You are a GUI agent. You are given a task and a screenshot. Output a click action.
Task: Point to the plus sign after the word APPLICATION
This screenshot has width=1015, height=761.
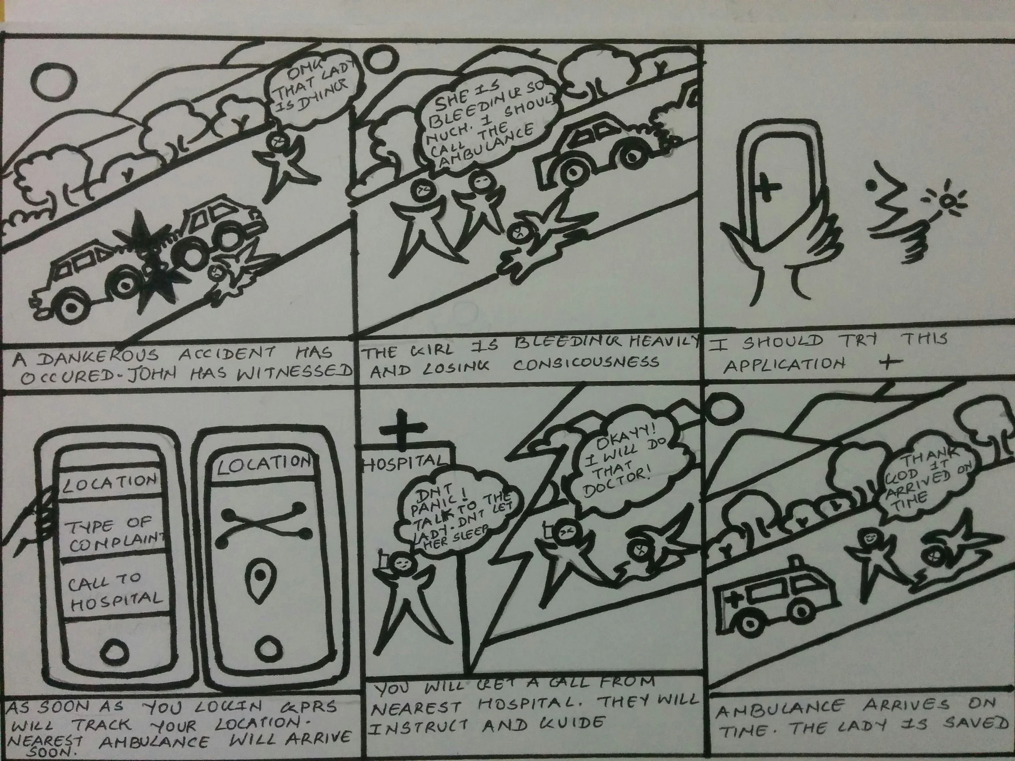pyautogui.click(x=889, y=362)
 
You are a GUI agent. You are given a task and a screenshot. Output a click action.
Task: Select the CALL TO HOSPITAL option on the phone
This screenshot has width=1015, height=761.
pyautogui.click(x=115, y=592)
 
